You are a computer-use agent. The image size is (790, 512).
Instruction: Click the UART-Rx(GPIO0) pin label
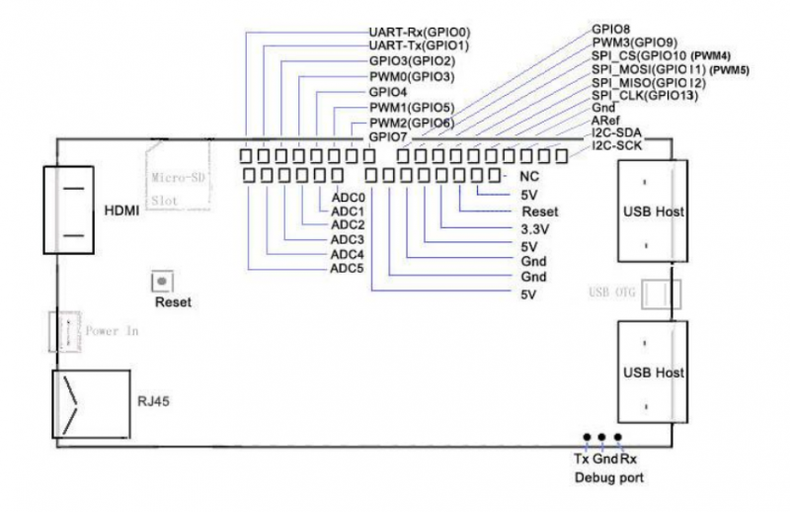point(418,32)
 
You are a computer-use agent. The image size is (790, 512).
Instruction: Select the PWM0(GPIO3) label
point(411,76)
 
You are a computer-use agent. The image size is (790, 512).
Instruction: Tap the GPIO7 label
point(387,135)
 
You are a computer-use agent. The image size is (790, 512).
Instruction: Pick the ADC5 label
point(348,268)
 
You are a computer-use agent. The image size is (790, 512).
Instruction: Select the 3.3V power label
point(536,228)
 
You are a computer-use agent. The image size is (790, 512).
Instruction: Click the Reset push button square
point(158,282)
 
